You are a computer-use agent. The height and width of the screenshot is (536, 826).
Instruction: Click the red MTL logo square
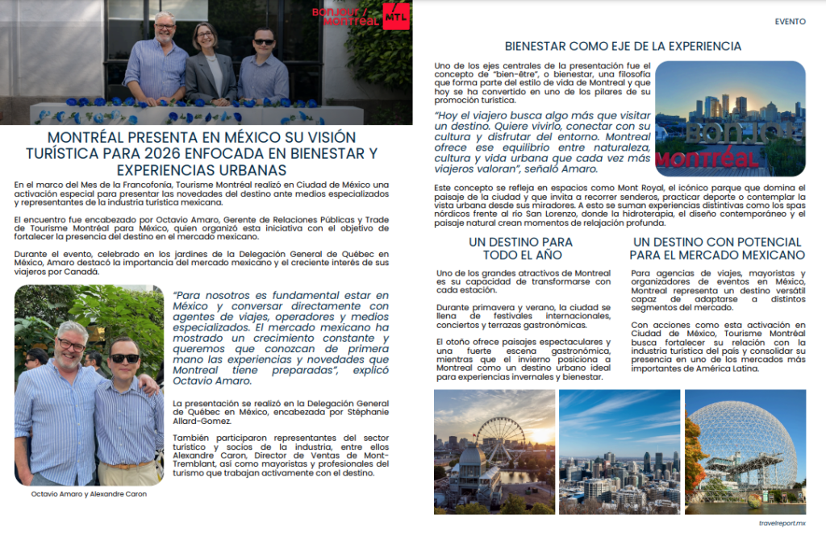point(396,16)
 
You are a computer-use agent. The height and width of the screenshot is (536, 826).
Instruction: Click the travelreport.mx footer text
point(782,523)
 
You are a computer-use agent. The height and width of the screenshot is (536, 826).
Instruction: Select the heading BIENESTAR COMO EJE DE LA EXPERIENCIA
point(623,47)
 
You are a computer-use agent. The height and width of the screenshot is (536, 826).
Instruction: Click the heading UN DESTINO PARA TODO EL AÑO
point(520,248)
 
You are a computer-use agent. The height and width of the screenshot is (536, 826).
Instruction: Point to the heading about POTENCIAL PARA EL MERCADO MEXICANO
point(717,248)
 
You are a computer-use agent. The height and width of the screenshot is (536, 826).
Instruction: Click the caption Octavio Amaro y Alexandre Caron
point(89,494)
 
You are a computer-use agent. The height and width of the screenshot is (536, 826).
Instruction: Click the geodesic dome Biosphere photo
point(745,451)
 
